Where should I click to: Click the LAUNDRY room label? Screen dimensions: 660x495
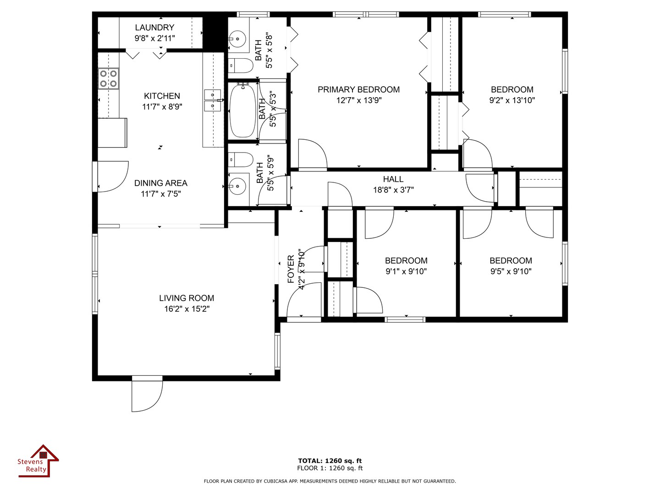(x=154, y=27)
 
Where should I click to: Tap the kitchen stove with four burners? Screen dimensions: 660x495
(x=108, y=78)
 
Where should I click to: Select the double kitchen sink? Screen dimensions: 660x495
(x=213, y=100)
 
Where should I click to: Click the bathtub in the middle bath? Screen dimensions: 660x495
(x=242, y=111)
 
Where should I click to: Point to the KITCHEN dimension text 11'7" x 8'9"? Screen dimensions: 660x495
(x=162, y=107)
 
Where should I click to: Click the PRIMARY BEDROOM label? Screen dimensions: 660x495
(x=359, y=89)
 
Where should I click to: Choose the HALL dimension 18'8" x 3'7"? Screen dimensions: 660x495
(x=393, y=190)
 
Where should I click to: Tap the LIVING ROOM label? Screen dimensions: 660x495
(x=187, y=298)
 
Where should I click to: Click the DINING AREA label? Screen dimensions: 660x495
(x=161, y=183)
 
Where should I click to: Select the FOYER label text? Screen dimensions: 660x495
(x=291, y=269)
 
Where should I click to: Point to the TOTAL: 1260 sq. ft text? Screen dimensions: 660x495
(x=330, y=461)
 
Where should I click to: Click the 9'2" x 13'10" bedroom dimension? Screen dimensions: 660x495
(x=512, y=100)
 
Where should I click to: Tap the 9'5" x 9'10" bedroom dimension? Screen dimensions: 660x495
(x=511, y=271)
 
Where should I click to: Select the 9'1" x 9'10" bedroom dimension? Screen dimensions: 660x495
(x=406, y=271)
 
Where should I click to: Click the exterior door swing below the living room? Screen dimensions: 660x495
(x=147, y=393)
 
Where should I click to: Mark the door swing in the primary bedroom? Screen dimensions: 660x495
(x=313, y=155)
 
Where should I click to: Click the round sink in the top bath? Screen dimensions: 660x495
(x=237, y=39)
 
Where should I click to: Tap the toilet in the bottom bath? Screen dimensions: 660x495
(x=241, y=159)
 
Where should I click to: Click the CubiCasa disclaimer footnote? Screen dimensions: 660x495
(x=330, y=481)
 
